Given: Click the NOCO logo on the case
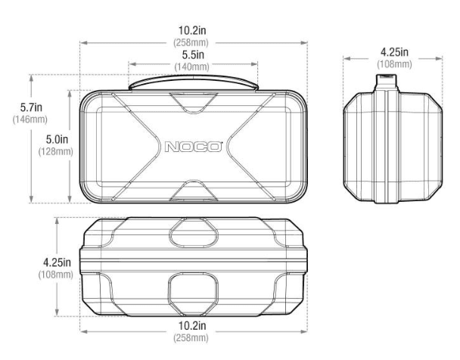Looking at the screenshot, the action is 193,147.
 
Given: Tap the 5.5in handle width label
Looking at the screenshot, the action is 193,54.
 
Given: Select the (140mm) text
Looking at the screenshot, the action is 192,67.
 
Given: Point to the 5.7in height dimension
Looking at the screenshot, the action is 31,107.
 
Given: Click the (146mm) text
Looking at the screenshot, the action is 30,119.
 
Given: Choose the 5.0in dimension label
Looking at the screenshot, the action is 57,140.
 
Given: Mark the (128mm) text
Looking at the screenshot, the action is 56,151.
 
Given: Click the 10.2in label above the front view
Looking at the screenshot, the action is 192,30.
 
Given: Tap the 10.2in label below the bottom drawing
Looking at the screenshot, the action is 192,326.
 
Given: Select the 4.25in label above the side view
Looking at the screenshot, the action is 395,52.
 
